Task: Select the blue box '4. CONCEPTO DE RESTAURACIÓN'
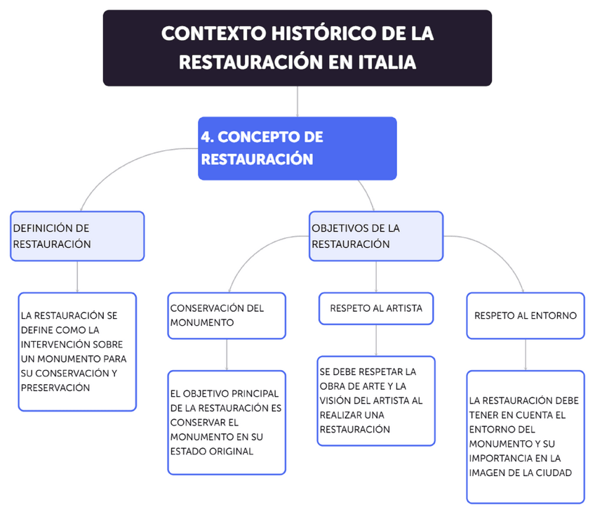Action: click(x=297, y=148)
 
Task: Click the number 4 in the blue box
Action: click(x=206, y=137)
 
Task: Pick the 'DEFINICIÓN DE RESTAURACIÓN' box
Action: click(x=77, y=236)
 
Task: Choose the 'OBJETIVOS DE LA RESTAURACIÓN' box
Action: click(x=376, y=236)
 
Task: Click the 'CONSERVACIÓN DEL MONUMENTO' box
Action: click(x=227, y=315)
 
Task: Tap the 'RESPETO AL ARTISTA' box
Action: click(x=376, y=308)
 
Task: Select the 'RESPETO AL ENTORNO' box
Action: click(x=526, y=315)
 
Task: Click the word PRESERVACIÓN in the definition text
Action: click(x=55, y=388)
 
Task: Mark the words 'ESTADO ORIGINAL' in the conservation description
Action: click(x=211, y=452)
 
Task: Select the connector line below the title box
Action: click(x=297, y=101)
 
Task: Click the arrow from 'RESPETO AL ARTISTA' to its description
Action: click(x=376, y=341)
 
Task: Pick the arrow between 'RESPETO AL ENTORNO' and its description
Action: click(x=526, y=355)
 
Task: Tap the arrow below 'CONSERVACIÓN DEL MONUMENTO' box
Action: click(x=227, y=355)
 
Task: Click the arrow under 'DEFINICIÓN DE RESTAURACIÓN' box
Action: click(x=77, y=277)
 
